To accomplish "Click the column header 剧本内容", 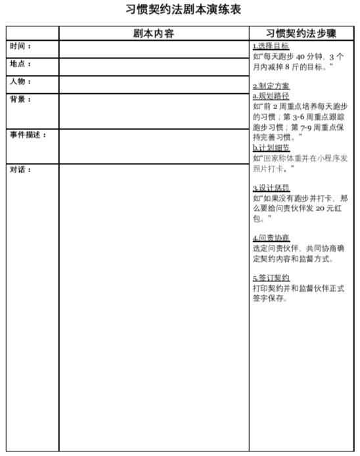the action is click(153, 34).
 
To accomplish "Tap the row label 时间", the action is click(20, 47).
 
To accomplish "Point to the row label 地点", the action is click(20, 64).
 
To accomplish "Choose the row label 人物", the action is click(20, 82).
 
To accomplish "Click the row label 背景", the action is click(20, 100).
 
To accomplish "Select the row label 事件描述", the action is click(28, 135).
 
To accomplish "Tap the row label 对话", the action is click(20, 170).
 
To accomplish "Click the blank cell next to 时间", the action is click(154, 49).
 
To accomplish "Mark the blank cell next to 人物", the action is click(154, 85).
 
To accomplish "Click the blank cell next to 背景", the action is click(154, 111).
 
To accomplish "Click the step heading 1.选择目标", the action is click(270, 46).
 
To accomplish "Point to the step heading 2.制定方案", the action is click(270, 86).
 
